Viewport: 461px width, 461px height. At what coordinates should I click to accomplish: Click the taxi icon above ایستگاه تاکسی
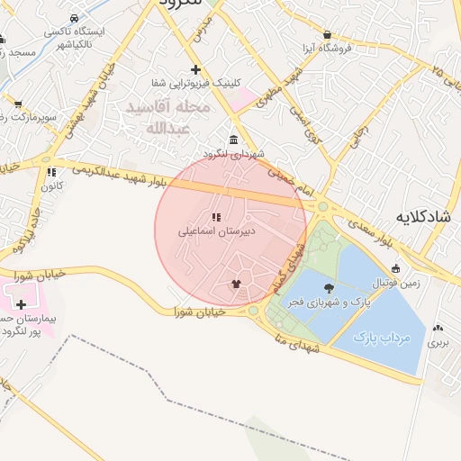pyautogui.click(x=73, y=19)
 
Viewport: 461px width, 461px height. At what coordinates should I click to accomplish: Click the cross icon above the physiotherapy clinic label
pyautogui.click(x=196, y=70)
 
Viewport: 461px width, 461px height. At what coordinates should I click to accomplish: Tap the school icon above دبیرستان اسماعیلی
pyautogui.click(x=215, y=217)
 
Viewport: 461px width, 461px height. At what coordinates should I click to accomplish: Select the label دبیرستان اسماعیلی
pyautogui.click(x=216, y=231)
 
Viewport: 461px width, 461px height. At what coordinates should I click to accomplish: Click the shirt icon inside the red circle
pyautogui.click(x=236, y=284)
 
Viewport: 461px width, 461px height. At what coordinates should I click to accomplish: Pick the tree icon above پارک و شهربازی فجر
pyautogui.click(x=326, y=289)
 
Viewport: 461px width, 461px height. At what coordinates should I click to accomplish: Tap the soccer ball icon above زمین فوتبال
pyautogui.click(x=396, y=267)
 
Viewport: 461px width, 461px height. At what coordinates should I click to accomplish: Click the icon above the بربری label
pyautogui.click(x=438, y=330)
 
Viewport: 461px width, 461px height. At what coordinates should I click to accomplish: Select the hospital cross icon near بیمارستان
pyautogui.click(x=21, y=305)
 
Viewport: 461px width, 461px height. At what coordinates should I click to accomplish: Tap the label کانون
pyautogui.click(x=51, y=185)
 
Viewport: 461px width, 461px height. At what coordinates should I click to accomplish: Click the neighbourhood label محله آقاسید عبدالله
pyautogui.click(x=167, y=118)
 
